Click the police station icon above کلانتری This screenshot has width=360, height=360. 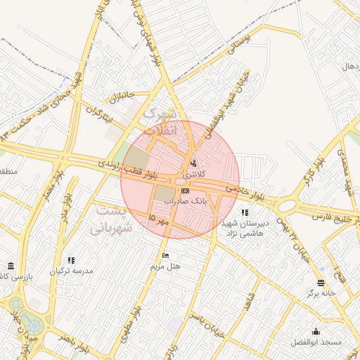point(194,163)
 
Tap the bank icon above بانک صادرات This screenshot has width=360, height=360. point(185,191)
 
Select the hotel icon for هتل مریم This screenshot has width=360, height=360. point(165,255)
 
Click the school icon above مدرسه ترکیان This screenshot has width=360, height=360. point(71,260)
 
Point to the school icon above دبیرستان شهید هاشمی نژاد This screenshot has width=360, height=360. point(244,212)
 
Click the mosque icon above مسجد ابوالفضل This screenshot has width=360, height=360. point(316,331)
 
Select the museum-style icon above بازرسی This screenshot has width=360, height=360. point(11,265)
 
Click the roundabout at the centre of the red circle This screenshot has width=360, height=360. point(181,182)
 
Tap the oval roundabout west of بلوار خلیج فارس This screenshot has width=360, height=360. point(286,205)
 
